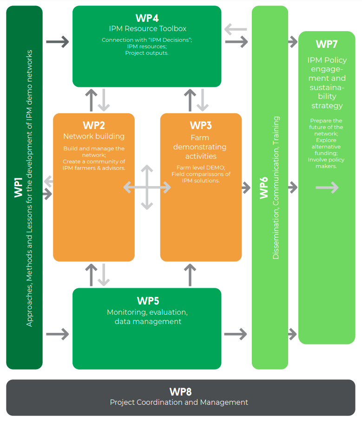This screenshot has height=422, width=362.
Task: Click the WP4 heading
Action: click(x=147, y=18)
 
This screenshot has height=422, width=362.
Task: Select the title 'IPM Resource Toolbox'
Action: click(x=147, y=29)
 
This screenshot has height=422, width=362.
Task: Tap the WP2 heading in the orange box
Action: click(x=94, y=125)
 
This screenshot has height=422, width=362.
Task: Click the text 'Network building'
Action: click(x=94, y=136)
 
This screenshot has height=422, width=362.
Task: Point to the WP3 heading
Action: click(x=201, y=125)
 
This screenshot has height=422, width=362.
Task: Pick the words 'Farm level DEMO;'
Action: click(x=201, y=167)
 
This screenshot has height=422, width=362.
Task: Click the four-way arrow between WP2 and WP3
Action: click(x=147, y=188)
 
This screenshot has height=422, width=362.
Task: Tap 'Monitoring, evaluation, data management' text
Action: click(x=147, y=317)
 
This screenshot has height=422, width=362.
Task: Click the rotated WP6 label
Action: click(x=263, y=188)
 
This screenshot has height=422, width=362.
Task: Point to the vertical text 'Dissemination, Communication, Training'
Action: click(x=276, y=188)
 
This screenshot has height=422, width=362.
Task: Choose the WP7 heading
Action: click(x=327, y=44)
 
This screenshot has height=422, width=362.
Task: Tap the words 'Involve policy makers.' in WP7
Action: click(x=327, y=163)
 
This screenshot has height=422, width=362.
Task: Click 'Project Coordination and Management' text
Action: click(x=179, y=402)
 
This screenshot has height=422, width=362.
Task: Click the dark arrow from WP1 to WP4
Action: click(x=58, y=42)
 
